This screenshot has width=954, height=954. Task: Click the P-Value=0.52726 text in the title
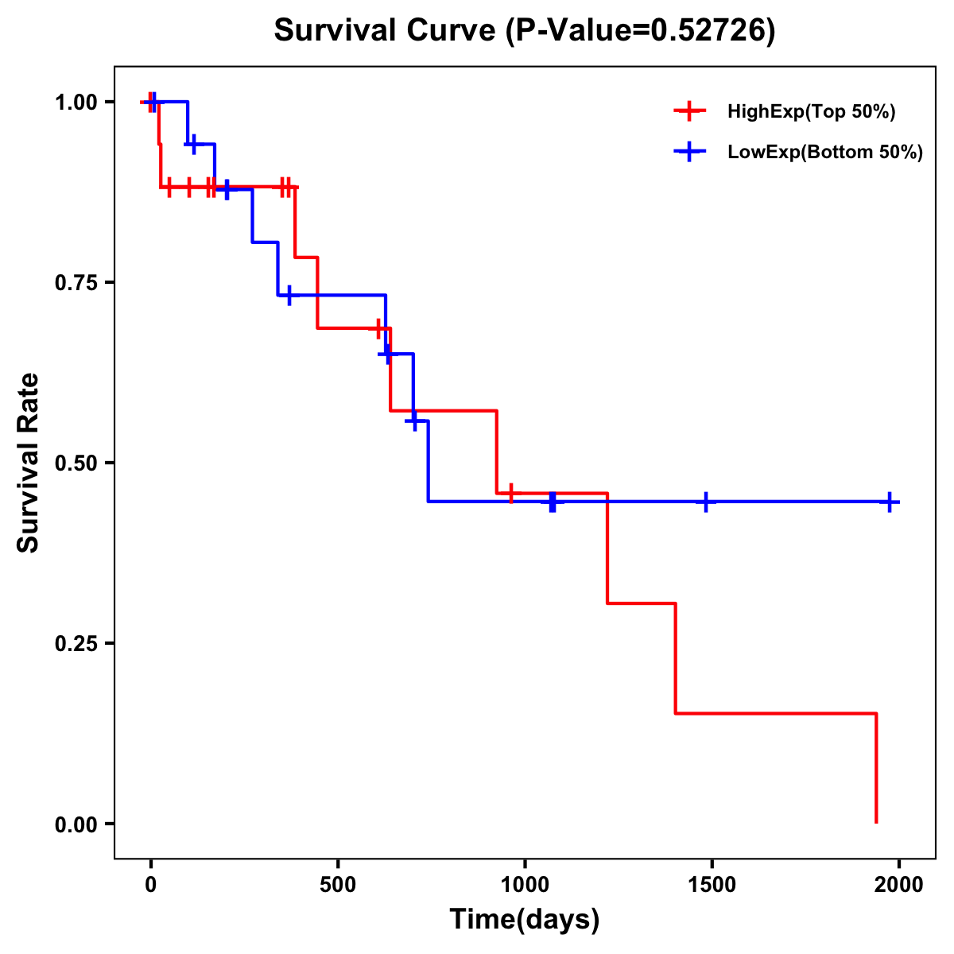[641, 31]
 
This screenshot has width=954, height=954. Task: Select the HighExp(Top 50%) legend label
[812, 112]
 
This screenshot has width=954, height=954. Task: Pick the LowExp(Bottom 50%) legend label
[825, 153]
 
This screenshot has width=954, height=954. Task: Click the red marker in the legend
[689, 111]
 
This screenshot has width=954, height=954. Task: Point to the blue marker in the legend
[689, 152]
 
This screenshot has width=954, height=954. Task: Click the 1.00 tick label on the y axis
[76, 103]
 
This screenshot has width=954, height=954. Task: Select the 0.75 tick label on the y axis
[76, 283]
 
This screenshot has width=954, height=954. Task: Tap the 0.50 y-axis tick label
[76, 463]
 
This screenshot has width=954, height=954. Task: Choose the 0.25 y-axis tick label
[76, 644]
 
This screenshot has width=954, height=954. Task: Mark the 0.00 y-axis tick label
[76, 824]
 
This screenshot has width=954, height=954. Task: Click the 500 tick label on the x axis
[338, 885]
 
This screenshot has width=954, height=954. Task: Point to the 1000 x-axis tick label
[525, 885]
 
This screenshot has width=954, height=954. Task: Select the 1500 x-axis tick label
[712, 885]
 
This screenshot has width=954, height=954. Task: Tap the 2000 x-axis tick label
[899, 885]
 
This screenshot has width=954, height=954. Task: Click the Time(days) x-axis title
[525, 920]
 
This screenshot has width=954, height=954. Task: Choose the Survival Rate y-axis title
[29, 463]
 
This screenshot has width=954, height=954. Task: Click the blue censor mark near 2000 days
[890, 502]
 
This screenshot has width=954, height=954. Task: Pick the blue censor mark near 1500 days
[705, 502]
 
